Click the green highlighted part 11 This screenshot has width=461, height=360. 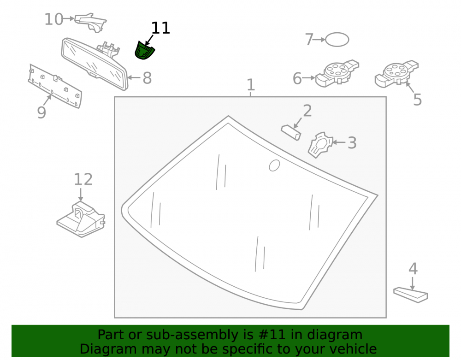tap(144, 50)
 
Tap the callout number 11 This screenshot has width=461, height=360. tap(160, 28)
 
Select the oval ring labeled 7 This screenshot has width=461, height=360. tap(337, 39)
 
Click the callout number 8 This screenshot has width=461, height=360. tap(147, 78)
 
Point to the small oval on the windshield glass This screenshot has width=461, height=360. tap(274, 165)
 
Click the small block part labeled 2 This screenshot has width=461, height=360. tap(291, 133)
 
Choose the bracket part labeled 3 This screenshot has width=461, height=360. tap(320, 145)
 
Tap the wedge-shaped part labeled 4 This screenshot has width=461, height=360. tap(410, 295)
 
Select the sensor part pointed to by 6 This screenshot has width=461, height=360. tap(337, 74)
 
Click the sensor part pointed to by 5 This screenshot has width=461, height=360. tap(396, 74)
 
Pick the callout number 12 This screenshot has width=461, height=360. tap(83, 179)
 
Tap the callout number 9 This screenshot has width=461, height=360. tap(41, 112)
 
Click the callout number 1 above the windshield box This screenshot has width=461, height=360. tap(250, 85)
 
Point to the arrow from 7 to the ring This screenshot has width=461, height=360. tap(319, 39)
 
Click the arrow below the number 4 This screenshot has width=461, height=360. tap(413, 283)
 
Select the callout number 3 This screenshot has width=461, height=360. tap(352, 143)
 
